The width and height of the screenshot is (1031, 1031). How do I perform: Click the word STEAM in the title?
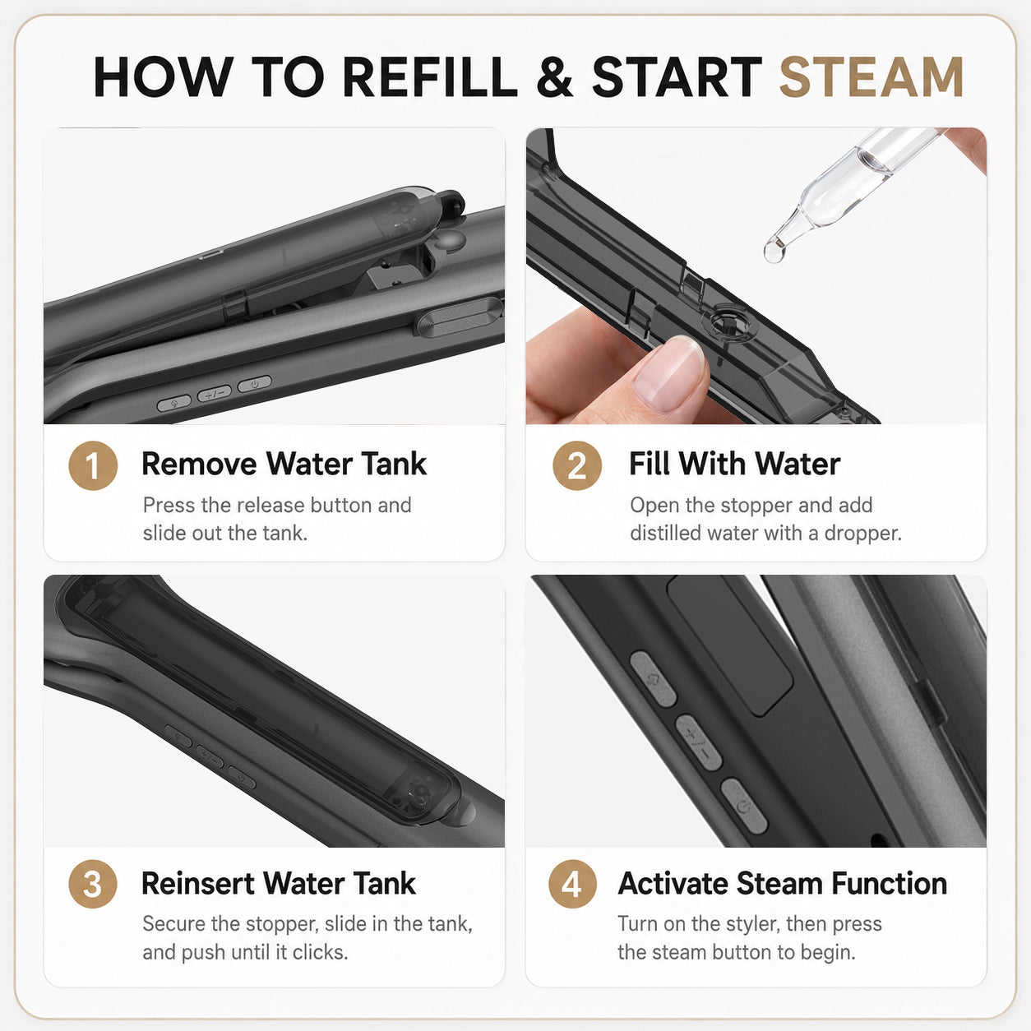coord(871,77)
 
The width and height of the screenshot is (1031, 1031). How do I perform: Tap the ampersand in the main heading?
coord(554,77)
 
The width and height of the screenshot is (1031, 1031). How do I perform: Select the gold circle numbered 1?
coord(93,465)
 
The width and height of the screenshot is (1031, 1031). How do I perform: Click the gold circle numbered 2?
coord(577,465)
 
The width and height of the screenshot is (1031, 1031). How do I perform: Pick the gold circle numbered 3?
coord(93,884)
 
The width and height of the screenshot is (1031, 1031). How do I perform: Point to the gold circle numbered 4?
coord(572,884)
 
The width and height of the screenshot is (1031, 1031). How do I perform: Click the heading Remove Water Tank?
coord(284,464)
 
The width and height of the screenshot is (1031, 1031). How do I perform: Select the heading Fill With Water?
coord(734,464)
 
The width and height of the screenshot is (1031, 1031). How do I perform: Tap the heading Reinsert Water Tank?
coord(279,883)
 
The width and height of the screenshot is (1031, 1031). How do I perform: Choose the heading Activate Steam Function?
coord(782,883)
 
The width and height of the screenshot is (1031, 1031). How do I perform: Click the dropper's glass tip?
coord(774,251)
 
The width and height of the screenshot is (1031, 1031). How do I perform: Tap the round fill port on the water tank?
coord(730,324)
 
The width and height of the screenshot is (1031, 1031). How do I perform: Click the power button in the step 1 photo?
coord(254,384)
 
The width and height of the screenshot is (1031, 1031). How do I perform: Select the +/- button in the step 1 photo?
coord(214,394)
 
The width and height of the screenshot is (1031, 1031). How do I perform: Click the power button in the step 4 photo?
coord(744,806)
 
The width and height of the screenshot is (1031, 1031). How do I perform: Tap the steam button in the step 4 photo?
coord(654,679)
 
